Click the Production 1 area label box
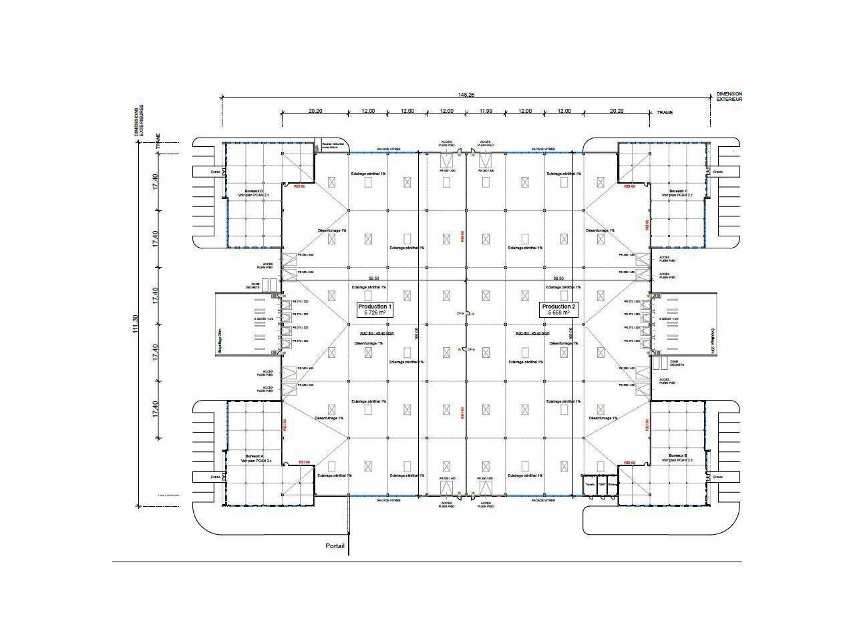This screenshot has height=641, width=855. pos(375,309)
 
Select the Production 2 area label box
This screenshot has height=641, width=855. pos(558,309)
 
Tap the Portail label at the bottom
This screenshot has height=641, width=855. pos(335,546)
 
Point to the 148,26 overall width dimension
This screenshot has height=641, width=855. pos(466,95)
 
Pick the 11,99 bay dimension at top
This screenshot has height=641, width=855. pos(485,111)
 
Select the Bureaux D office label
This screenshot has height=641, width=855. pos(254,193)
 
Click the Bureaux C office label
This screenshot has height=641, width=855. pos(678,193)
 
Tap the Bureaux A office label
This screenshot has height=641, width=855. pos(254,458)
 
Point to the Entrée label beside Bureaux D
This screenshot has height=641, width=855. pos(215,172)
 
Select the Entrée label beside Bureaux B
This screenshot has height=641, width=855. pos(717,477)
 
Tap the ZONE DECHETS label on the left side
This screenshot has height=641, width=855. pos(255,286)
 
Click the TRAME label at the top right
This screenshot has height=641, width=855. pos(665,112)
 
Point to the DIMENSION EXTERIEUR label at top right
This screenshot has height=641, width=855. pos(729,97)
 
